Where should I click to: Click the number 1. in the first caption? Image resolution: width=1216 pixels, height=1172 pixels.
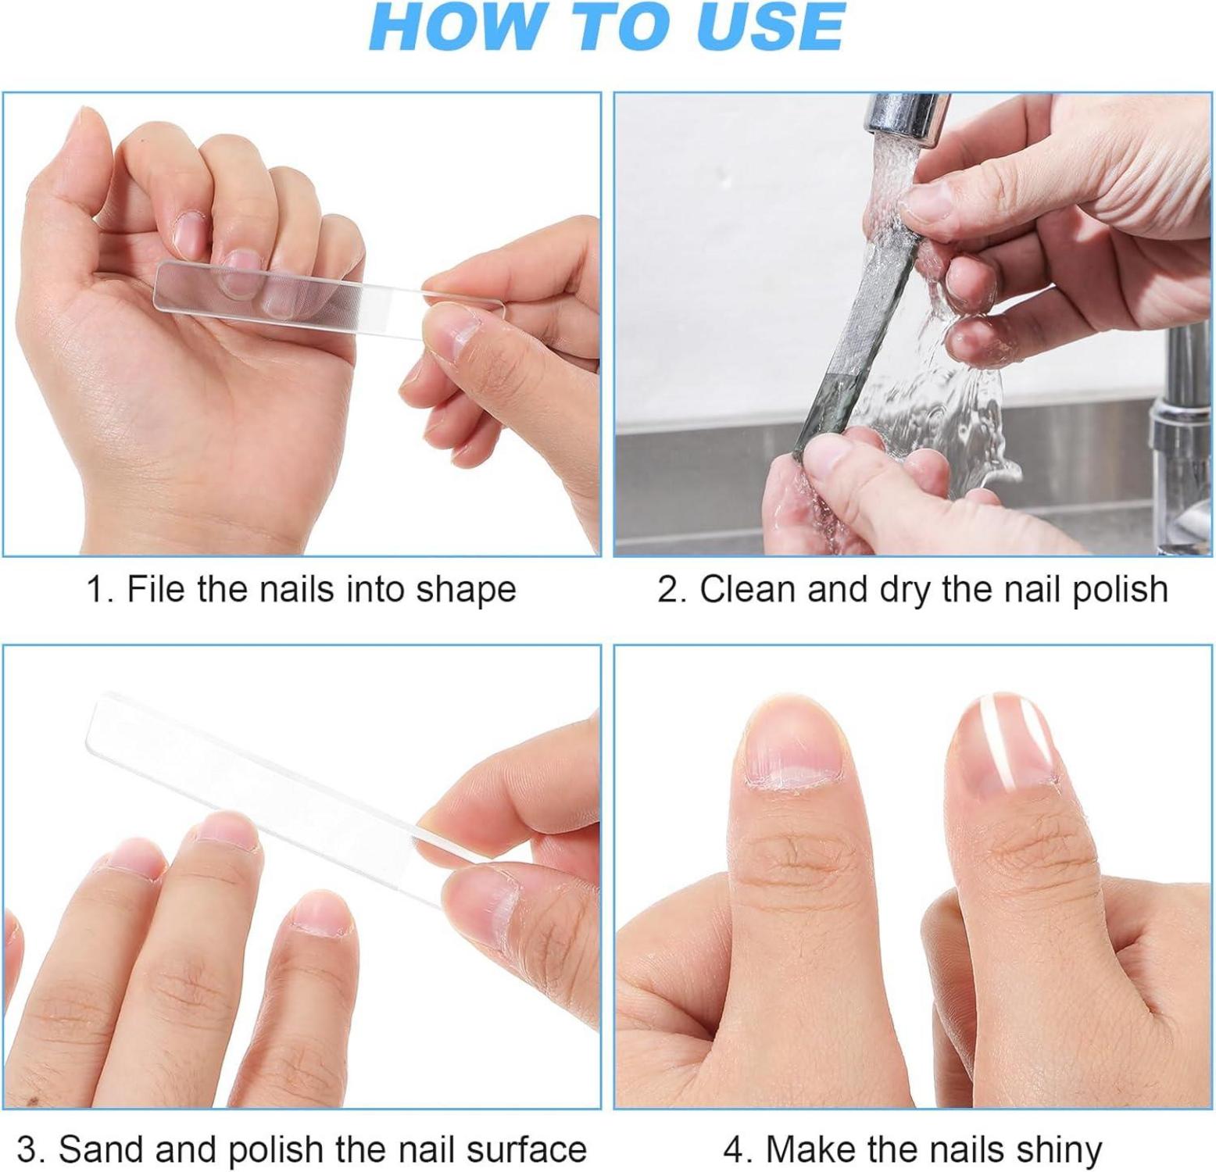coord(101,589)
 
